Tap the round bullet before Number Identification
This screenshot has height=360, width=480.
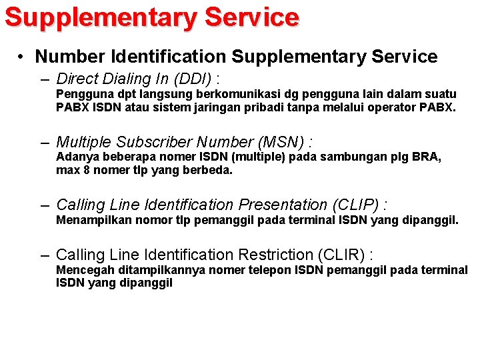coord(22,57)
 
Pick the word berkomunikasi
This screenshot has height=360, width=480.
coord(237,94)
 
